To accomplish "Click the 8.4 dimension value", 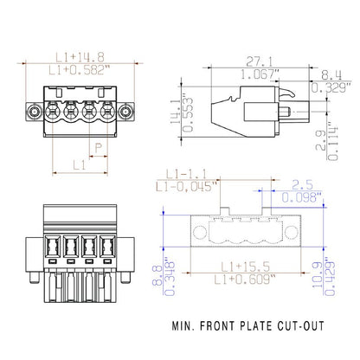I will click(332, 75).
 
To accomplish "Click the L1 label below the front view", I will click(78, 163).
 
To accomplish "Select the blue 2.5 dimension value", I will click(301, 184).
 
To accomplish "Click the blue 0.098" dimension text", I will click(301, 197).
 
